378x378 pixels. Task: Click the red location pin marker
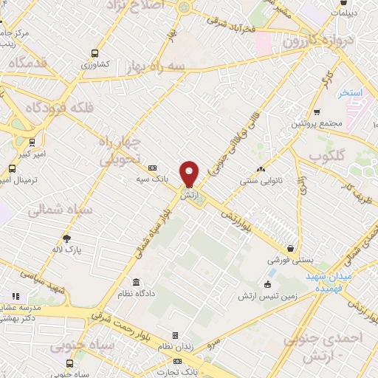click(x=190, y=173)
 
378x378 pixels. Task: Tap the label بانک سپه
click(x=153, y=179)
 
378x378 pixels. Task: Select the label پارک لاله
click(x=67, y=250)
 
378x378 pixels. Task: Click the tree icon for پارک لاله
click(x=67, y=238)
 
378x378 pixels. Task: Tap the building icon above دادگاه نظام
click(x=137, y=283)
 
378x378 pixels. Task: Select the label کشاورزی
click(x=94, y=64)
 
